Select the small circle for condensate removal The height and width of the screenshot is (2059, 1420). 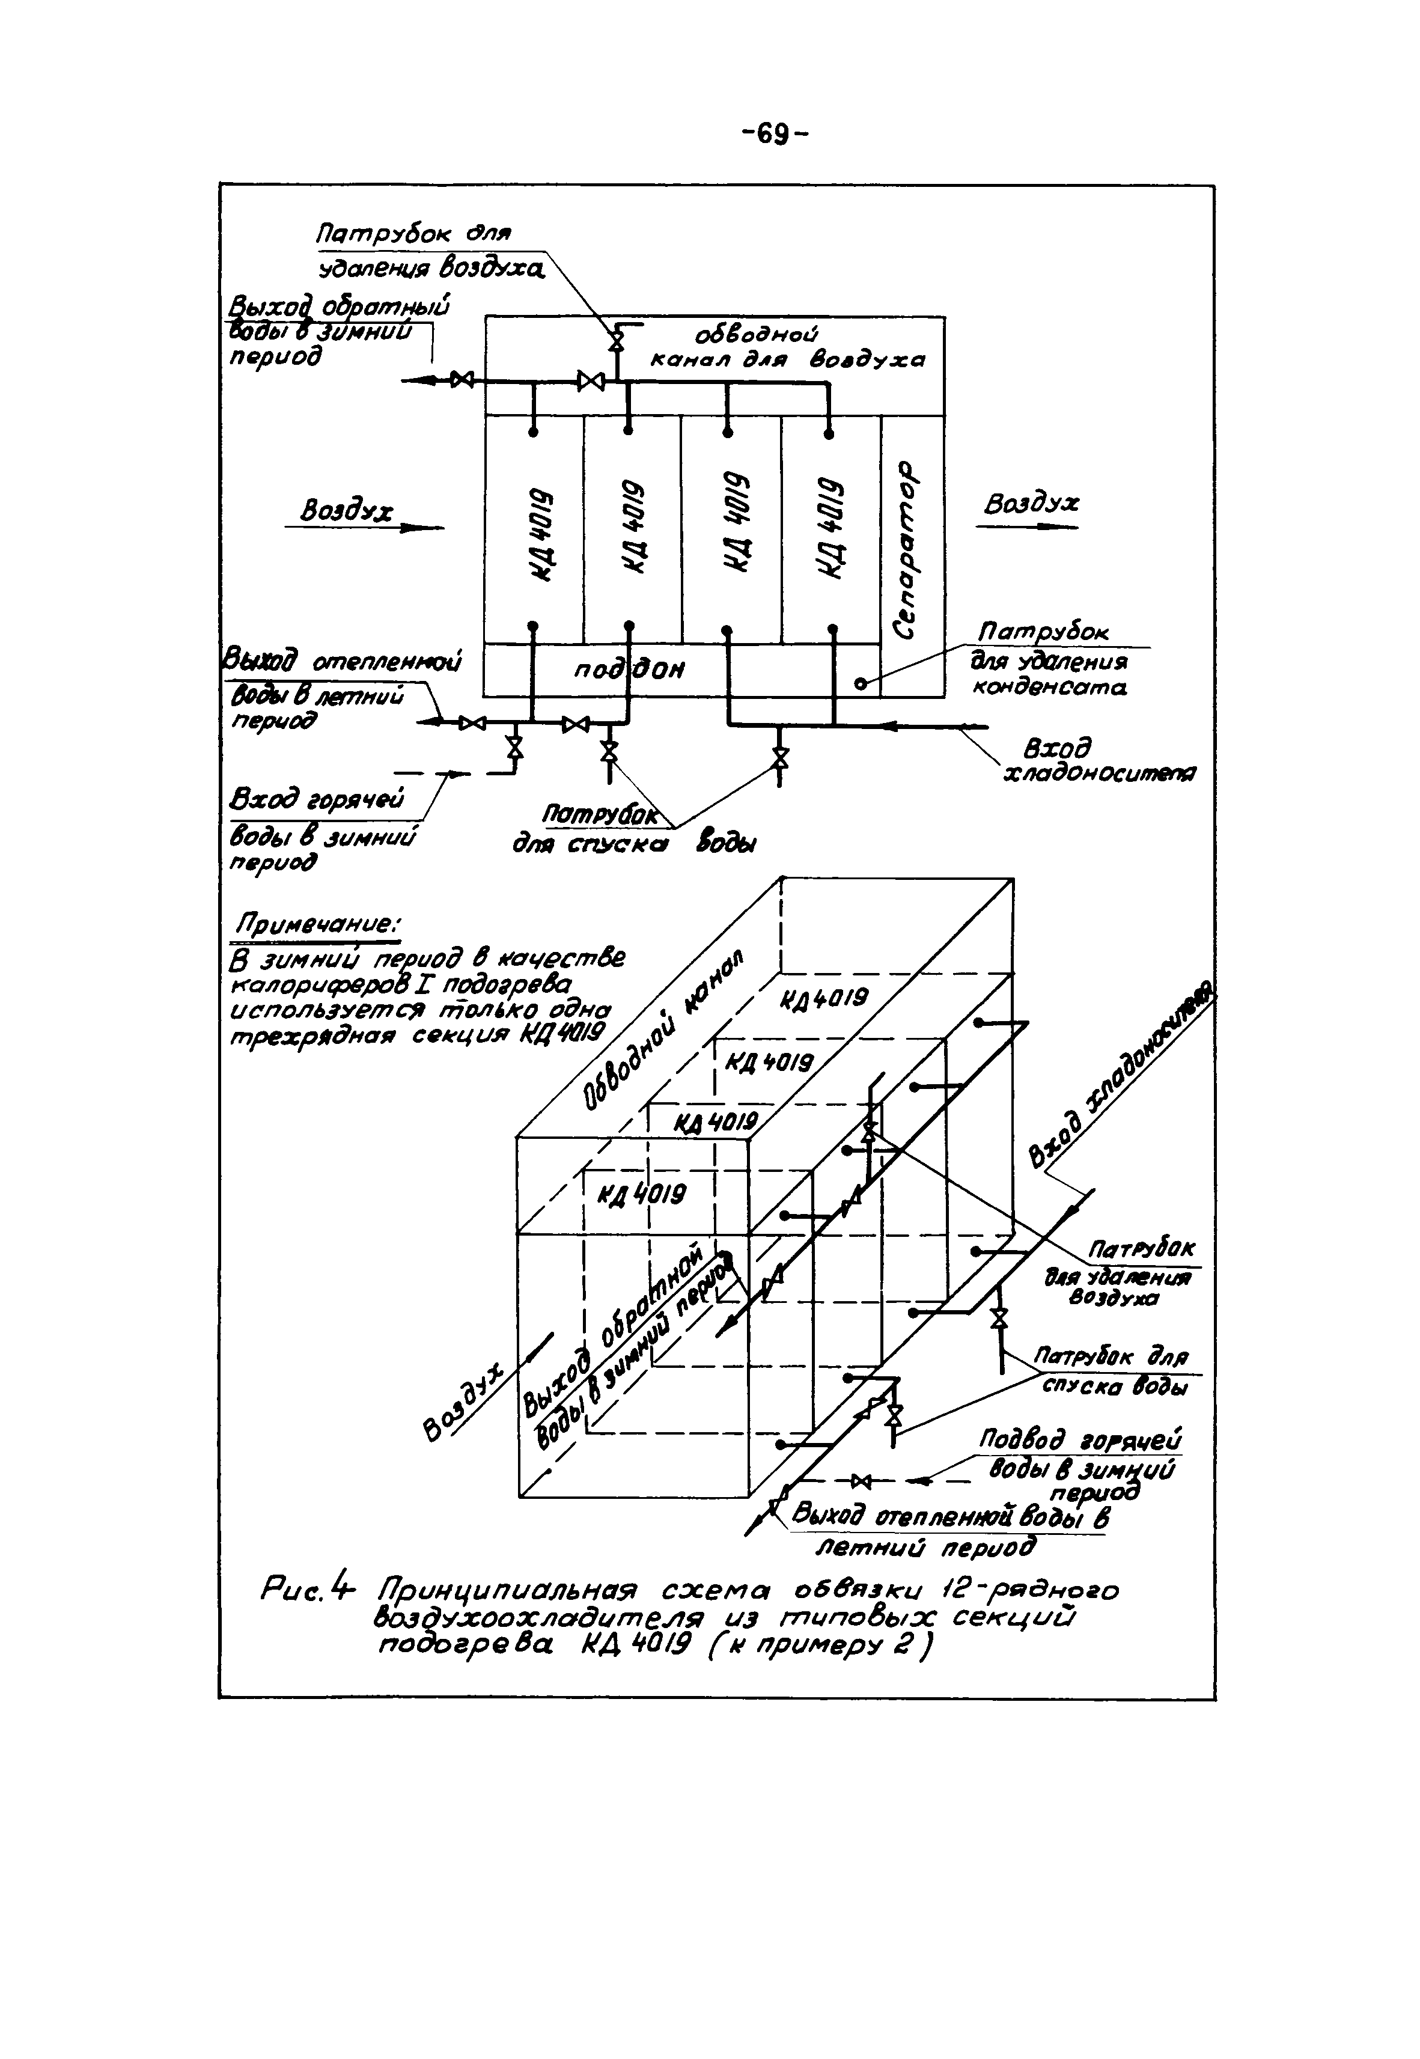pos(861,683)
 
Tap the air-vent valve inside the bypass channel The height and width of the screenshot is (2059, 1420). pos(615,341)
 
